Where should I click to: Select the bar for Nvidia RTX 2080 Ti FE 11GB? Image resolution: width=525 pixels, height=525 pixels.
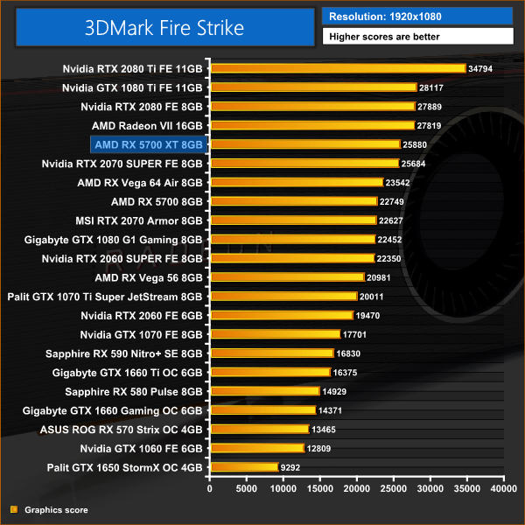click(338, 68)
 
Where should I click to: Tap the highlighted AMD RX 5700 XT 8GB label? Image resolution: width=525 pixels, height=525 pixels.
click(147, 144)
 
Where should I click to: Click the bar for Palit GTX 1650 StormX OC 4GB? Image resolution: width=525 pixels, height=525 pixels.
click(243, 467)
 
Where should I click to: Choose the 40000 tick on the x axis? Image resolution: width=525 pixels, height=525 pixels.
click(503, 489)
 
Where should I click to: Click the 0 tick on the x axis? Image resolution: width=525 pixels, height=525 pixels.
click(210, 489)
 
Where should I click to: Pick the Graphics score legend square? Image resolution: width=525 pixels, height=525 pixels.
click(13, 509)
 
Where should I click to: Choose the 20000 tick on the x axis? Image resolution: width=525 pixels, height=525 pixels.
click(356, 489)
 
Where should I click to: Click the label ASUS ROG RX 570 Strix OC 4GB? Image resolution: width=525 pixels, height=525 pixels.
click(122, 430)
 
